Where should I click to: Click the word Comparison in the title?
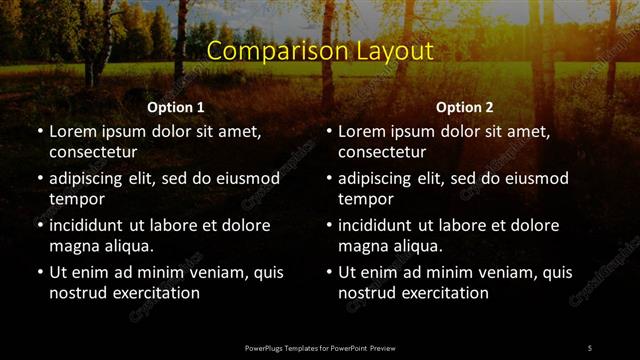264,51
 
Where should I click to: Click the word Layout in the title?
384,51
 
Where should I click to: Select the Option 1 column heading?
176,107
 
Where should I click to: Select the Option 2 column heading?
465,107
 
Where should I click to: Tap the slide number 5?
590,347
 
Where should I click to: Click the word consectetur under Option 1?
93,153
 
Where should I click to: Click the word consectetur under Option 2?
383,153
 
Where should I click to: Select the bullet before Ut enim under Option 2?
329,272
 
